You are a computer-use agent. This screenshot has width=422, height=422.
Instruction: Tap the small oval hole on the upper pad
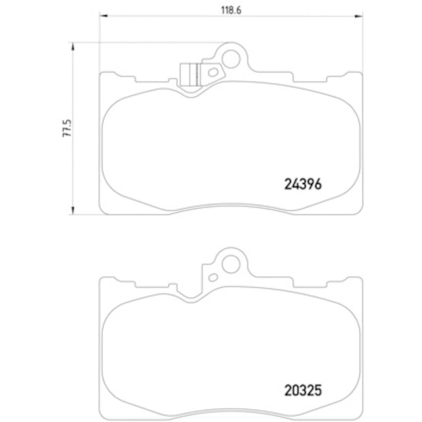point(213,72)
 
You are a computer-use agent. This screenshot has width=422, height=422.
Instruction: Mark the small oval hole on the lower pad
point(213,277)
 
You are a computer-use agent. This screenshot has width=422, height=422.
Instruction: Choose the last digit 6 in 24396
point(318,183)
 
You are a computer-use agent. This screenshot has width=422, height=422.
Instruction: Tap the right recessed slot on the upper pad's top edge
point(310,79)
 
